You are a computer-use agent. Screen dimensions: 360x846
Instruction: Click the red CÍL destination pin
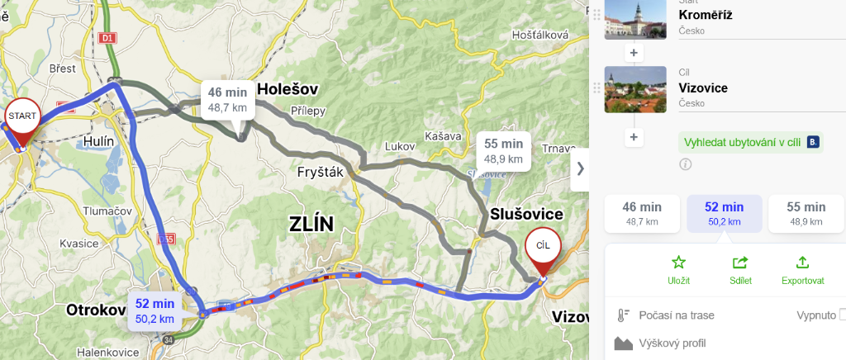coord(543,247)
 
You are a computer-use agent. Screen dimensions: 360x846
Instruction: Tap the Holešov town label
coord(288,89)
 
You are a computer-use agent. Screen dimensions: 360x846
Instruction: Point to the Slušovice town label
coord(526,215)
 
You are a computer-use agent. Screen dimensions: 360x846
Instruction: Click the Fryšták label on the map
coord(320,173)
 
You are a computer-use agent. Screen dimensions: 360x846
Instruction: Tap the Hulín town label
coord(98,142)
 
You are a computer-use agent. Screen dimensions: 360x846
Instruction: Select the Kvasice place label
coord(79,244)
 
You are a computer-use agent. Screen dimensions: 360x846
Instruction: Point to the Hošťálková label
coord(540,35)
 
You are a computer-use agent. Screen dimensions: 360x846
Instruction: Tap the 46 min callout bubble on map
coord(227,99)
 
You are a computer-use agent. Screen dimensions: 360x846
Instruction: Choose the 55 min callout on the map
coord(504,150)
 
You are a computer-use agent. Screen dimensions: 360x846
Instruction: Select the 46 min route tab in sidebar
coord(642,214)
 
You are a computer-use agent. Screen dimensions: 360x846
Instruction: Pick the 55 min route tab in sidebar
coord(806,214)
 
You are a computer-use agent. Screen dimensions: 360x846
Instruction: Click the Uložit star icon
coord(678,263)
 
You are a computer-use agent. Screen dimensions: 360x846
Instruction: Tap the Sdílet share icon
coord(740,263)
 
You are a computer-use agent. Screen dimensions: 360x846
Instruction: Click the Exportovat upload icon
coord(802,263)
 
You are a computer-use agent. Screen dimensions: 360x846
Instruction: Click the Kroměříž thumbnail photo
coord(635,18)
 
